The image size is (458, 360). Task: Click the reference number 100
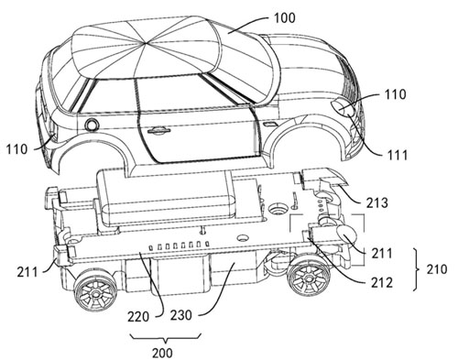(x=285, y=18)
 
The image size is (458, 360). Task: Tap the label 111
(x=396, y=156)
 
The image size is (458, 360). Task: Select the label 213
(x=377, y=202)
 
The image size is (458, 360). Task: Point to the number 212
(x=382, y=283)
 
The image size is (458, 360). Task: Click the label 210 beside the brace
(x=436, y=269)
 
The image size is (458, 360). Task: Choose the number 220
(x=138, y=317)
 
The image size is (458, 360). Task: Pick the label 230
(x=181, y=315)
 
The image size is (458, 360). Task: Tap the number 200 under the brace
(x=162, y=353)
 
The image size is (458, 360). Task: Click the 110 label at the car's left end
(x=17, y=149)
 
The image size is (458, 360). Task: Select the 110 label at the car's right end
(x=396, y=94)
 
